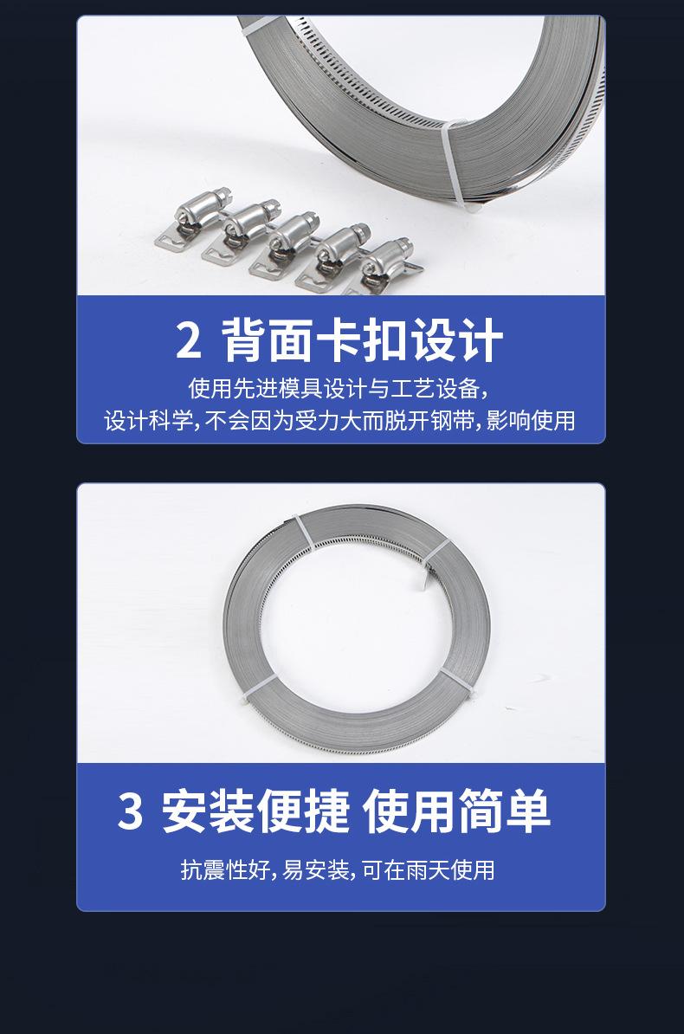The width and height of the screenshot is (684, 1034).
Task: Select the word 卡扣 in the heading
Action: coord(361,340)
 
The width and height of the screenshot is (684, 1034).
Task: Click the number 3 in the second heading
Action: coord(130,811)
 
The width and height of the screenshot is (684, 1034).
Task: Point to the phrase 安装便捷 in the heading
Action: coord(255,811)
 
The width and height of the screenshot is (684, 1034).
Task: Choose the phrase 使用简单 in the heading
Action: coord(456,811)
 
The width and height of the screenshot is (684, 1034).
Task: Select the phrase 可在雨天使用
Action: coord(428,869)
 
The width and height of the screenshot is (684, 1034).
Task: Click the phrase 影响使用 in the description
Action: coord(531,420)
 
